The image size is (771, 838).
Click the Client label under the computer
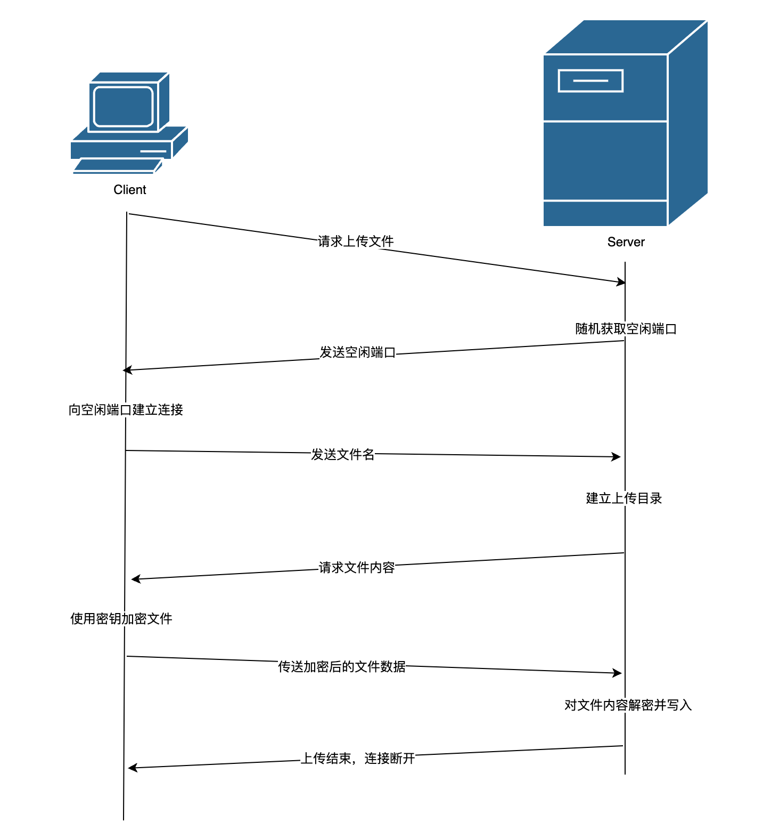(x=129, y=190)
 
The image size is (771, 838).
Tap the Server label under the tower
(x=626, y=242)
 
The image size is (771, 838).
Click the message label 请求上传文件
(x=356, y=241)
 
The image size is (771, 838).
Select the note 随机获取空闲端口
(x=626, y=329)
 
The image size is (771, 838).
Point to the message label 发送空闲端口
(x=357, y=352)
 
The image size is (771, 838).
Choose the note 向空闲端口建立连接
(x=126, y=410)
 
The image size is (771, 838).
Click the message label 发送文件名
(x=343, y=455)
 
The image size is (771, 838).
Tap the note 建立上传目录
(x=624, y=498)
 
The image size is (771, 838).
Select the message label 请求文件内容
(x=357, y=568)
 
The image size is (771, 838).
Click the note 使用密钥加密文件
(x=121, y=619)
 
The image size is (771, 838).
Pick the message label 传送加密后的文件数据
(x=342, y=667)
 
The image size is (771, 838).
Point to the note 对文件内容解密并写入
(x=628, y=705)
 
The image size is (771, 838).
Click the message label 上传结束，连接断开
(x=358, y=759)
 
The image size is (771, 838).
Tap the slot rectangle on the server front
(x=590, y=81)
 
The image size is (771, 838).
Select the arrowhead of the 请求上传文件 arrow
(x=621, y=281)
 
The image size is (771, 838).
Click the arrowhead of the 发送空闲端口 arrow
(x=127, y=370)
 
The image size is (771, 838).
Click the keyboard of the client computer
(x=117, y=166)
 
